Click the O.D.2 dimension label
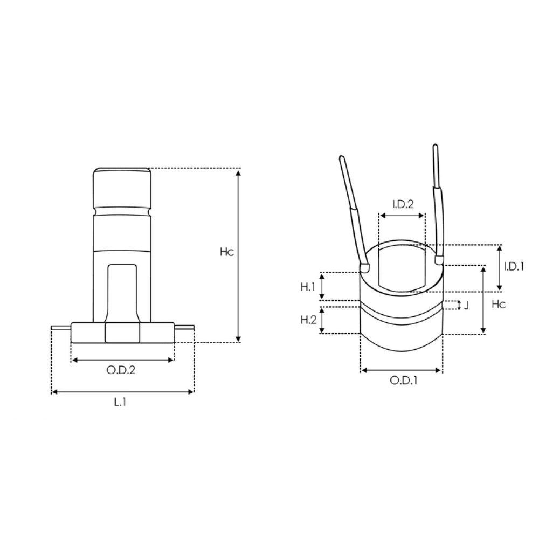click(x=121, y=370)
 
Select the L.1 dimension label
click(x=120, y=402)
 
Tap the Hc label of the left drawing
click(x=227, y=252)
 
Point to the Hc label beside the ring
click(x=499, y=304)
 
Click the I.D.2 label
click(x=403, y=204)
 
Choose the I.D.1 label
click(x=514, y=266)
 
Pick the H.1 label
click(x=308, y=287)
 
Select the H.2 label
click(x=308, y=320)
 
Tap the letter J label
click(x=466, y=305)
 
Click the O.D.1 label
click(x=404, y=381)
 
